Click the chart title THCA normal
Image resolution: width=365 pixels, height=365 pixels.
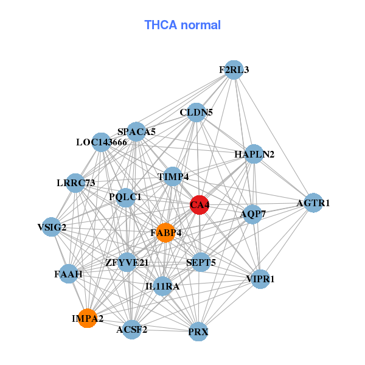182,25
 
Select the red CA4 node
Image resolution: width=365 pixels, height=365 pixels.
200,205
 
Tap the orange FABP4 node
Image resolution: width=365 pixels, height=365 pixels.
165,232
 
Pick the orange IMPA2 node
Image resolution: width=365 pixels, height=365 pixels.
88,318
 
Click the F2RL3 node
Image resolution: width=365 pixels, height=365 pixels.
234,69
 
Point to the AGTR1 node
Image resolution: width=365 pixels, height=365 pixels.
313,203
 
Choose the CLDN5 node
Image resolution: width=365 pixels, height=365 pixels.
196,113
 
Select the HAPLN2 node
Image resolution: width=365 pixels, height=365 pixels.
254,154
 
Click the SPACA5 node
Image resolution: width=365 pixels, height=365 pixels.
136,131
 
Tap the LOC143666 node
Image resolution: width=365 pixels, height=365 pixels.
101,142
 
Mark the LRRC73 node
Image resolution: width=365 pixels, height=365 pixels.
75,183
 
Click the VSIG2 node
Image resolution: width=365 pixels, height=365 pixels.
52,228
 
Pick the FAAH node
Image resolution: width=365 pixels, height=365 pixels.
68,274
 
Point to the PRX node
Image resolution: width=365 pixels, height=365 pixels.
198,332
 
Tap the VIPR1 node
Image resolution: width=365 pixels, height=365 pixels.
260,279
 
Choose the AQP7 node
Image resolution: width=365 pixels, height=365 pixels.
252,214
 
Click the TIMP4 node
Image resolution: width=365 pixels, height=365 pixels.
173,177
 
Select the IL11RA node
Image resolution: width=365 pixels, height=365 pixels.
162,286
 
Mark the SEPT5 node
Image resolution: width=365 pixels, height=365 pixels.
201,263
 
